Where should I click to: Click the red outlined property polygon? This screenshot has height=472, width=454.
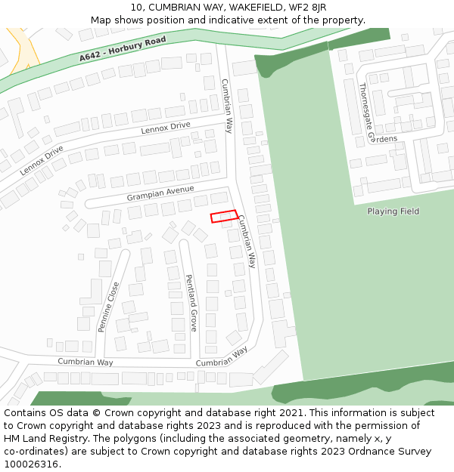[x=223, y=217]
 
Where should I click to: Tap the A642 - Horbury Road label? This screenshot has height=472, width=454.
[x=122, y=49]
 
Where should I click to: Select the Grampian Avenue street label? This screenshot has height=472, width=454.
[x=161, y=193]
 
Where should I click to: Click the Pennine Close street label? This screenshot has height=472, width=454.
[x=109, y=307]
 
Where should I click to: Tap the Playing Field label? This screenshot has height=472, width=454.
[x=393, y=211]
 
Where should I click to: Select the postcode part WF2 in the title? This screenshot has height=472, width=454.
[x=291, y=8]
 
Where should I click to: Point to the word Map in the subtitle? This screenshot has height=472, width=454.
[x=101, y=20]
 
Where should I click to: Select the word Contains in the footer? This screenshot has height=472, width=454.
[x=26, y=413]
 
